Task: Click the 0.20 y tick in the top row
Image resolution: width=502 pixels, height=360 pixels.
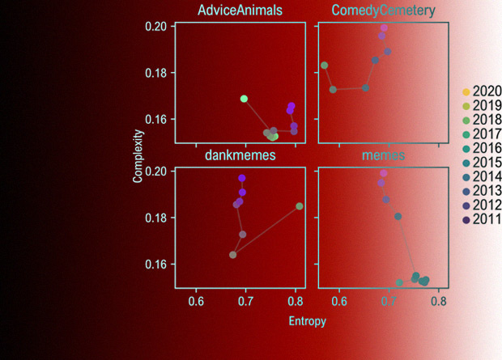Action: tap(156, 27)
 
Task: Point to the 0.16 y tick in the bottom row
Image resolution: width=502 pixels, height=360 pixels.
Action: tap(156, 265)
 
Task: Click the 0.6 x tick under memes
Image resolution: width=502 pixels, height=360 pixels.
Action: tap(339, 301)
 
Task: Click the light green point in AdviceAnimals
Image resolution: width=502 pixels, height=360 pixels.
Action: tap(244, 99)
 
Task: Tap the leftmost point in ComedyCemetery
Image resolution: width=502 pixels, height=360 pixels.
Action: tap(325, 66)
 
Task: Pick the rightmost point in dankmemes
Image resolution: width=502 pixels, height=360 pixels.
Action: tap(300, 206)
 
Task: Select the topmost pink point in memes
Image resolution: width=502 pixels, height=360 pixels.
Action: tap(384, 173)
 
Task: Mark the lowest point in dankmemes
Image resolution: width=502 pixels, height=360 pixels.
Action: tap(233, 255)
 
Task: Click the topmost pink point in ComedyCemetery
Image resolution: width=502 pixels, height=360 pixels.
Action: tap(384, 28)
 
